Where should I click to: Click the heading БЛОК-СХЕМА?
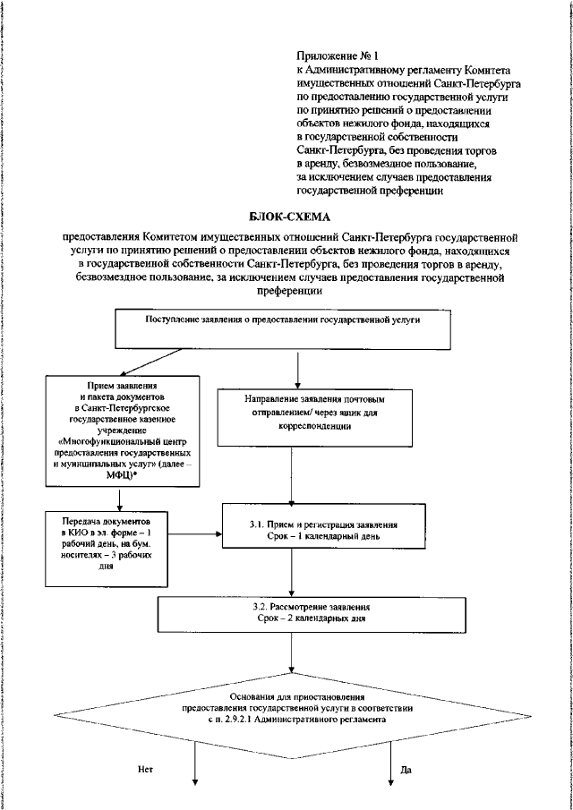pos(286,217)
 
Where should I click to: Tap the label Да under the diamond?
pos(406,769)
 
